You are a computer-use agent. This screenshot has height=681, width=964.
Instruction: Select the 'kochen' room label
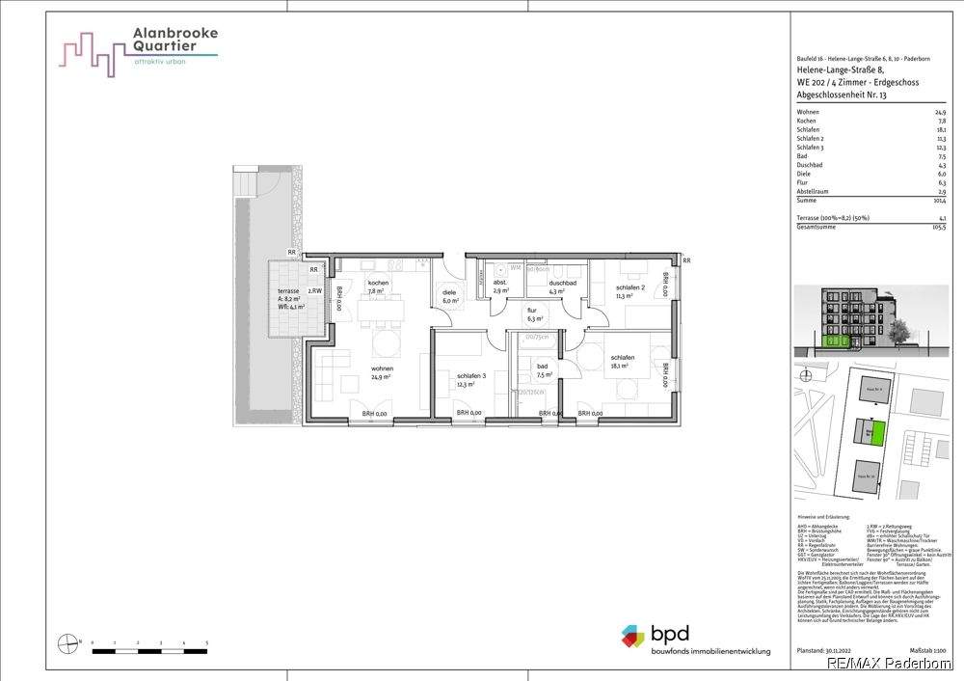click(x=378, y=284)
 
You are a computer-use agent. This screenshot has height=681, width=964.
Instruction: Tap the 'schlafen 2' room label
click(x=630, y=288)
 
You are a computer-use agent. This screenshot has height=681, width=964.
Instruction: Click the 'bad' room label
click(x=543, y=367)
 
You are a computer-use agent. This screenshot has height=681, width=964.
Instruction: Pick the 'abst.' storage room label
click(x=499, y=283)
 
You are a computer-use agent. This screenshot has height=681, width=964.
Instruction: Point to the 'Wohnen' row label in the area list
click(x=808, y=113)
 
